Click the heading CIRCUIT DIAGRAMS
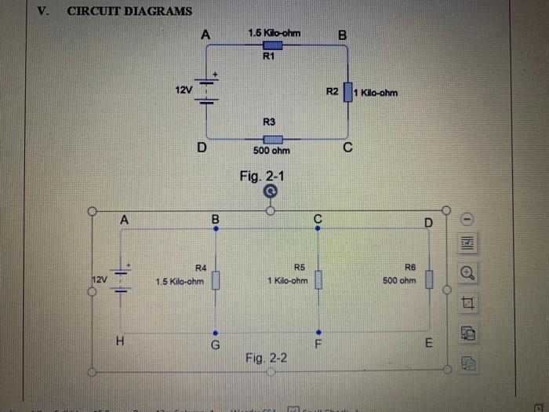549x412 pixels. (x=129, y=11)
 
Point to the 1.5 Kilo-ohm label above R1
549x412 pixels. (x=273, y=33)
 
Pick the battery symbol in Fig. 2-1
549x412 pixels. (x=206, y=91)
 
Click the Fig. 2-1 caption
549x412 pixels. (x=264, y=176)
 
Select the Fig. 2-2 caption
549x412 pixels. (x=266, y=358)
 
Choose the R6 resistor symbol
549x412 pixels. (x=429, y=279)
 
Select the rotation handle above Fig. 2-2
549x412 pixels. (x=270, y=190)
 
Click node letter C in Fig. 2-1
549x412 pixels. (x=347, y=148)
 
